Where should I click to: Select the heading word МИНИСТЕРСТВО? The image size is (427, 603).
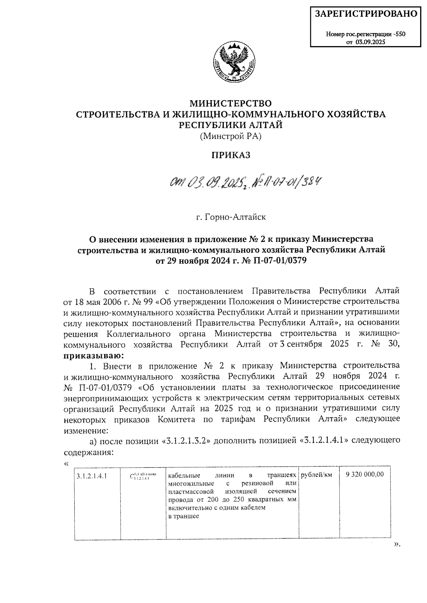pyautogui.click(x=231, y=103)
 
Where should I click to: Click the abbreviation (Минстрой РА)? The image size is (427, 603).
pyautogui.click(x=231, y=136)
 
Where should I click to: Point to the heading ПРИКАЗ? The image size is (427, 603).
pyautogui.click(x=231, y=155)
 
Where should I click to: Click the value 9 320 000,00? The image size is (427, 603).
pyautogui.click(x=365, y=474)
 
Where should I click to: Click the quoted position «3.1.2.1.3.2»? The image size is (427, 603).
pyautogui.click(x=187, y=441)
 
